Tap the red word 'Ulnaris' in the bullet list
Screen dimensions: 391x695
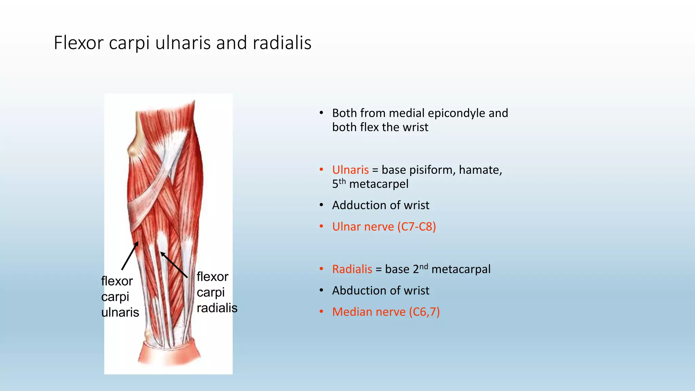click(x=350, y=170)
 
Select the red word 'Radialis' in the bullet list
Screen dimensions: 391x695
click(x=352, y=269)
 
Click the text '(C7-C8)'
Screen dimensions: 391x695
click(x=417, y=226)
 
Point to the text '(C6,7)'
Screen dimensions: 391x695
click(x=424, y=312)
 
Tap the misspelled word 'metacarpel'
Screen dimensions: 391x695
click(x=379, y=184)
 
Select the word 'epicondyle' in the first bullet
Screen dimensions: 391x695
click(x=456, y=113)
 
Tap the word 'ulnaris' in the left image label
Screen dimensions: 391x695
click(x=120, y=312)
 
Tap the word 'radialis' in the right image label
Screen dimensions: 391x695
click(x=217, y=308)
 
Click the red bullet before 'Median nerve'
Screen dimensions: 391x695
click(x=321, y=312)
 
